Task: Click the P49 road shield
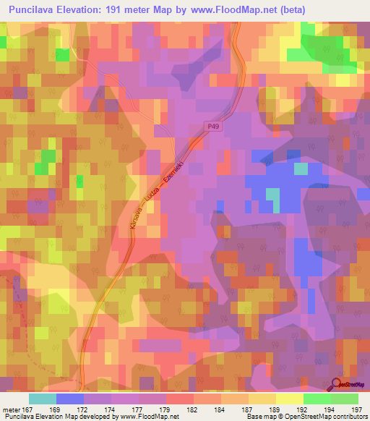click(x=209, y=124)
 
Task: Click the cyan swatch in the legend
click(x=43, y=399)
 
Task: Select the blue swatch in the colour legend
click(x=70, y=399)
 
